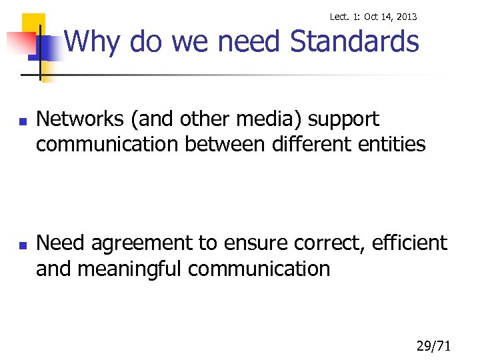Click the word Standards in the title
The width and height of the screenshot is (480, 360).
(x=355, y=42)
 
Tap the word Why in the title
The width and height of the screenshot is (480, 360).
(x=92, y=42)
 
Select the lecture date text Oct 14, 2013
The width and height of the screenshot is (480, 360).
(x=391, y=16)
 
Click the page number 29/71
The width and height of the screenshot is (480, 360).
(x=434, y=345)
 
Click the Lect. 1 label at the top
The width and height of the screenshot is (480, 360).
(x=345, y=16)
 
